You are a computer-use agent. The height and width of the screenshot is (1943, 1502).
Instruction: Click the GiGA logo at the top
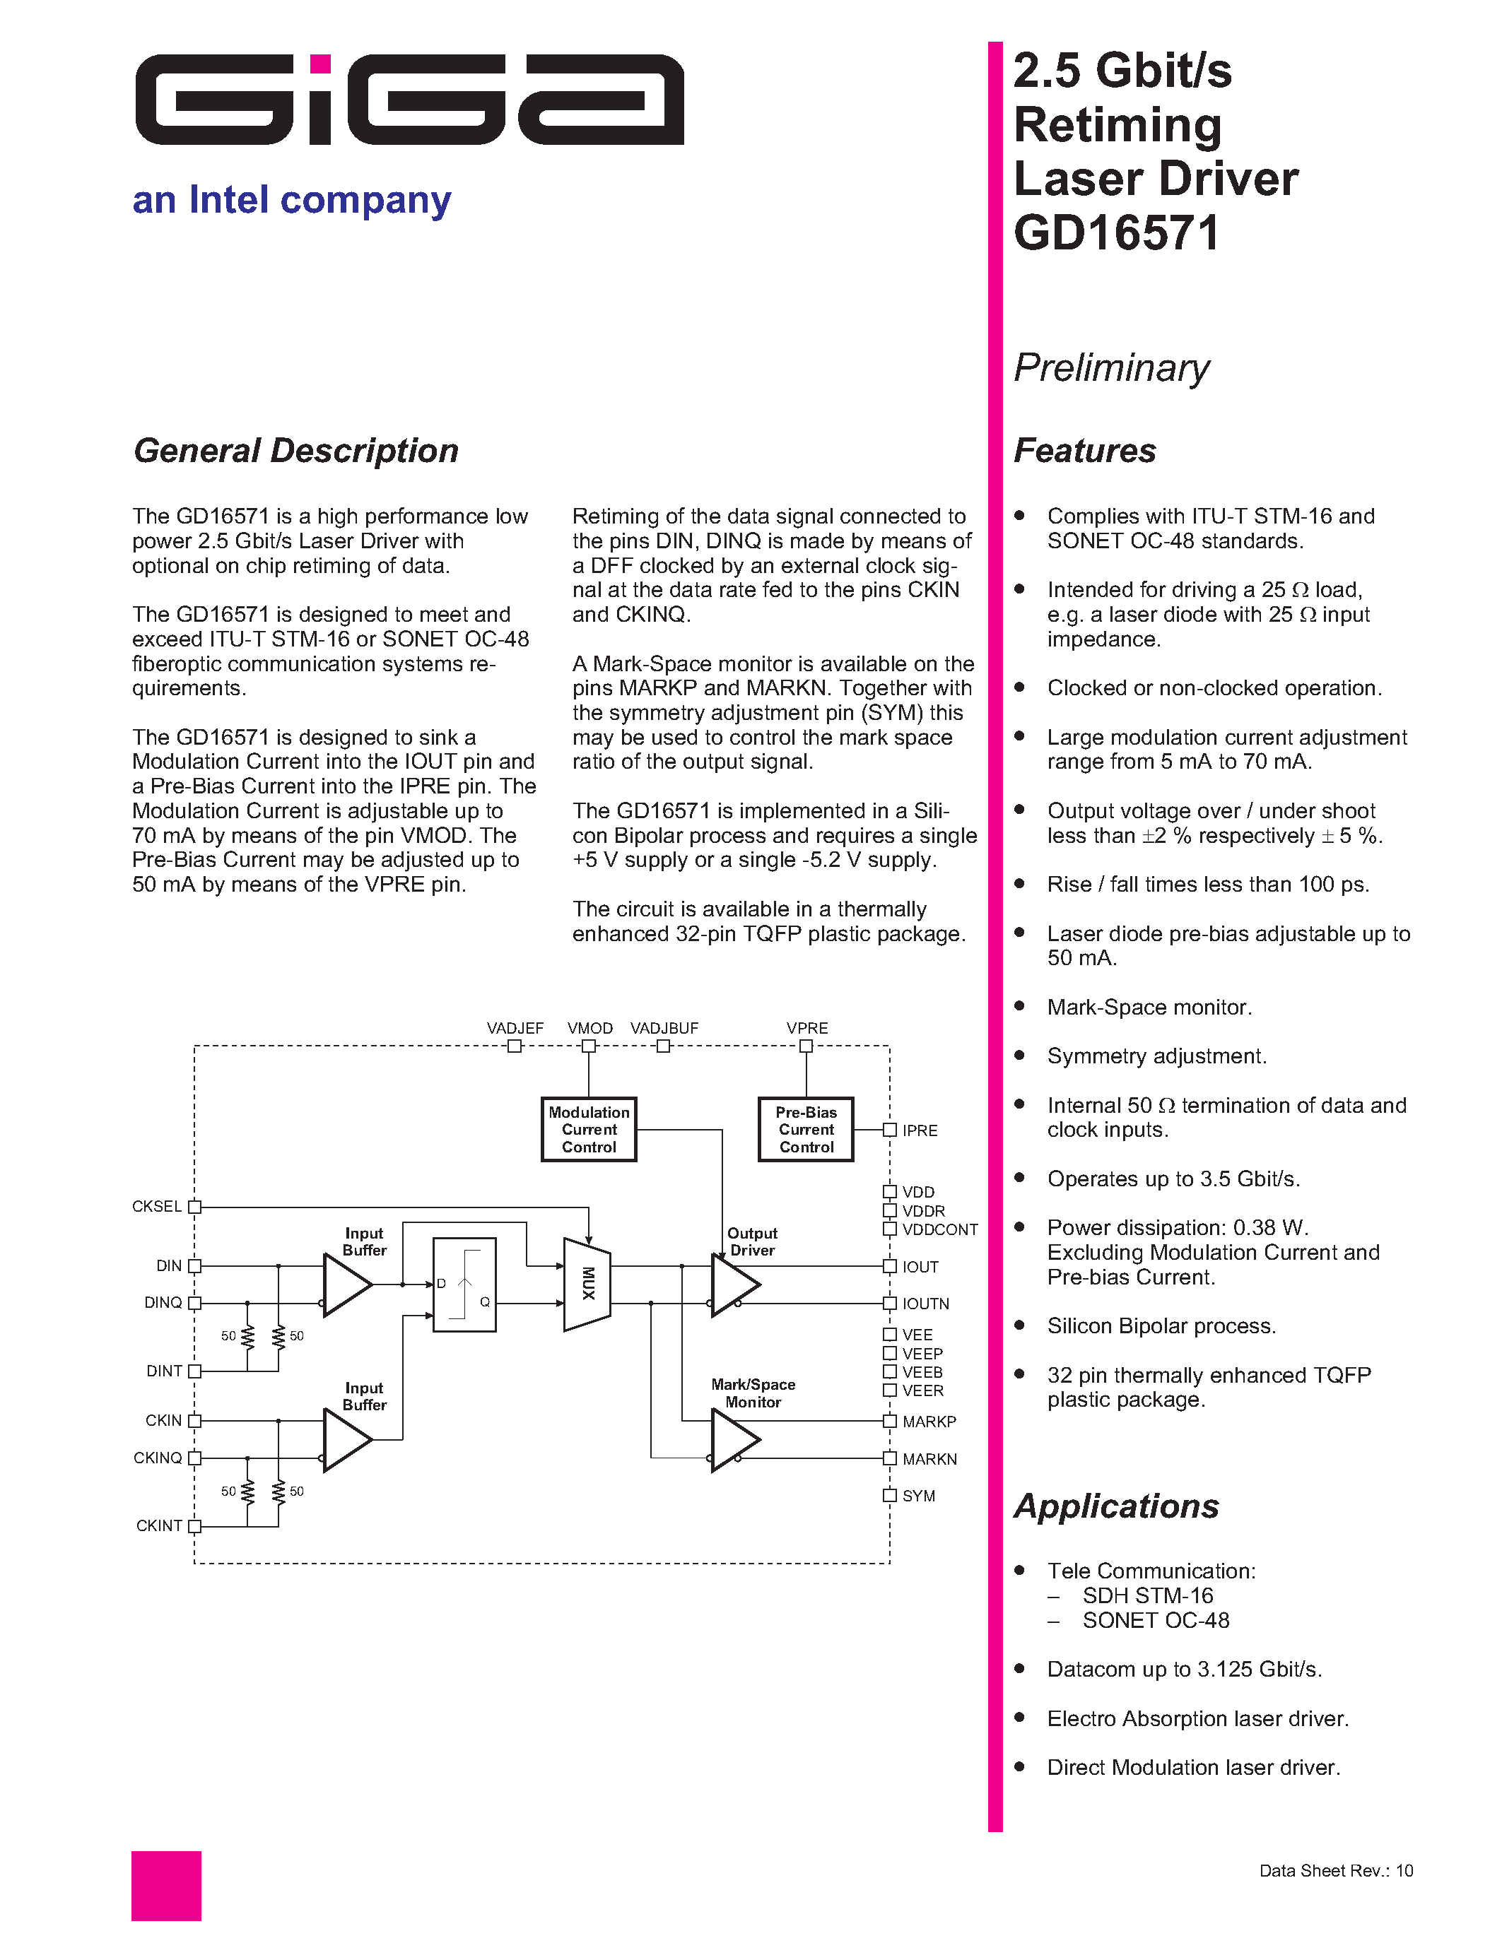coord(409,100)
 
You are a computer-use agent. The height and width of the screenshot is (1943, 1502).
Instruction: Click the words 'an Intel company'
coord(292,200)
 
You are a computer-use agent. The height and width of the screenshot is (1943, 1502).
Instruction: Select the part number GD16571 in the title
coord(1116,234)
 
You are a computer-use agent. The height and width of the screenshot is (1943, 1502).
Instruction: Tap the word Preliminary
coord(1111,367)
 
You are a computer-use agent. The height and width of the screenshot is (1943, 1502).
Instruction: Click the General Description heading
coord(295,451)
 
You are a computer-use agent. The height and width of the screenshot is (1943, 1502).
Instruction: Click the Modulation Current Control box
coord(589,1130)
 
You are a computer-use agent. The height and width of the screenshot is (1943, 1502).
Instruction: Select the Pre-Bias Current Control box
coord(806,1130)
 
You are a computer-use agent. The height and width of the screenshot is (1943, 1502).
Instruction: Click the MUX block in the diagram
coord(587,1284)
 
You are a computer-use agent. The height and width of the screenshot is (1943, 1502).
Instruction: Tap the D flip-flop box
coord(464,1284)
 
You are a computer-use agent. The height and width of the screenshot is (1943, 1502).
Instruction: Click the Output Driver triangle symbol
coord(734,1284)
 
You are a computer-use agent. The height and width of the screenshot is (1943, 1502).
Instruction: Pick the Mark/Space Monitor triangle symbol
coord(734,1439)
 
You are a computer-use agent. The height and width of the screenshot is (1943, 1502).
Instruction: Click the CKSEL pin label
coord(157,1206)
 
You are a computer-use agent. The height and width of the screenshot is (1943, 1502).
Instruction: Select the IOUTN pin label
coord(925,1304)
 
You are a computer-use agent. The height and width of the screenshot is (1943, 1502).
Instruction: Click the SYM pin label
coord(918,1496)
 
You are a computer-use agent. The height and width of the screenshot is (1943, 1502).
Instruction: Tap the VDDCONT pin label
coord(939,1229)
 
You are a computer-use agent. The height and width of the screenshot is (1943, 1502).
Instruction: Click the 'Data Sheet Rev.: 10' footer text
coord(1336,1871)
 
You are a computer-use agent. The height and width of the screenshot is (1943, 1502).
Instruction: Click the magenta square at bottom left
coord(166,1885)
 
